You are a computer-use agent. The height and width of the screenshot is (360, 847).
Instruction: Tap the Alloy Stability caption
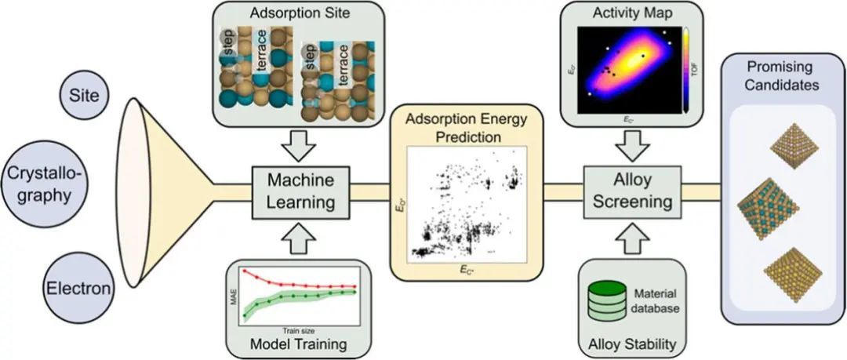click(x=631, y=343)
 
